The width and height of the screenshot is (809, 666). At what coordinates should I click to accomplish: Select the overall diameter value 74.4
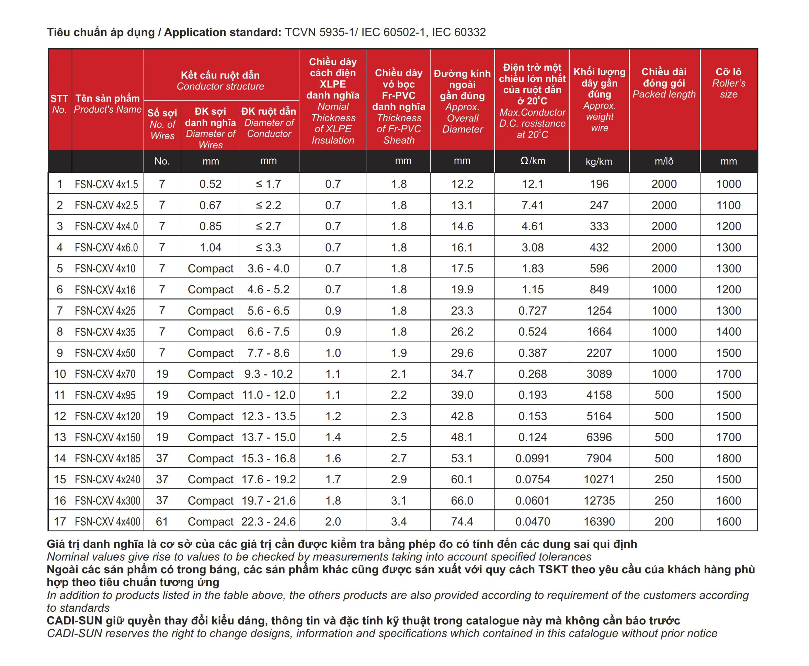[x=462, y=521]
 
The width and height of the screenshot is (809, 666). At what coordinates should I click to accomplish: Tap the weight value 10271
[x=599, y=479]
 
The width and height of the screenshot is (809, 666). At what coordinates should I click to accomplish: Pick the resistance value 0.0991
[x=533, y=458]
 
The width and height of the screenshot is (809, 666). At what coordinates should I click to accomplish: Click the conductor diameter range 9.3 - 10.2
[x=269, y=374]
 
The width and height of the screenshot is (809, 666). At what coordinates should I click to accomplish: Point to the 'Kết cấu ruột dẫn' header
[x=220, y=75]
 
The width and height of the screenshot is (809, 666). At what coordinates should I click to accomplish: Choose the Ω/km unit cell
[x=533, y=161]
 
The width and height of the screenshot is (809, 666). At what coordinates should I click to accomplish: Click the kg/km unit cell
[x=599, y=161]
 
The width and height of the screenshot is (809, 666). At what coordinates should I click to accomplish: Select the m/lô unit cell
[x=664, y=161]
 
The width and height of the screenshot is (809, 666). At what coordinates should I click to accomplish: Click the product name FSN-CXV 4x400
[x=107, y=521]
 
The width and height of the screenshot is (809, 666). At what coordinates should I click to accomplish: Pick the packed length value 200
[x=664, y=521]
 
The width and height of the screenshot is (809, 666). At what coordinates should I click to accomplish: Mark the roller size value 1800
[x=728, y=458]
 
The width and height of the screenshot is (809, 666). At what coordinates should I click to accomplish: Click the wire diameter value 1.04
[x=210, y=247]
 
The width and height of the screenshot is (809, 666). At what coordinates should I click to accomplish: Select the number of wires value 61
[x=162, y=521]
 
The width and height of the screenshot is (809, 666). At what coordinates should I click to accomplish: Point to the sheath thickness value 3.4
[x=399, y=521]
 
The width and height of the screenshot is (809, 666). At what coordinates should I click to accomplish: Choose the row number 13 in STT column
[x=60, y=437]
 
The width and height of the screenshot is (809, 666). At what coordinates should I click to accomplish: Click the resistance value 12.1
[x=533, y=184]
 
